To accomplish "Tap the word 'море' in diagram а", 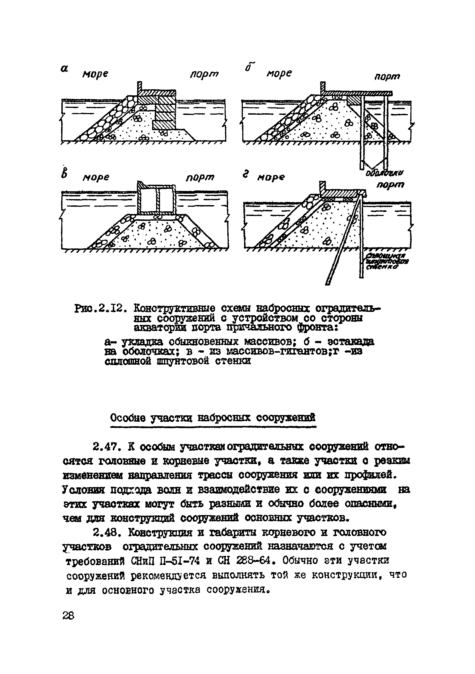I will (x=95, y=74).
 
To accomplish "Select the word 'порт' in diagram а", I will (x=204, y=74).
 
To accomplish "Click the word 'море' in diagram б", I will (x=279, y=73).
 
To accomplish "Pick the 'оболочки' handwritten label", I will (x=384, y=173).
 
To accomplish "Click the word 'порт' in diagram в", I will (x=200, y=178).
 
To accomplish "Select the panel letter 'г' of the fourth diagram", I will (x=246, y=175).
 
